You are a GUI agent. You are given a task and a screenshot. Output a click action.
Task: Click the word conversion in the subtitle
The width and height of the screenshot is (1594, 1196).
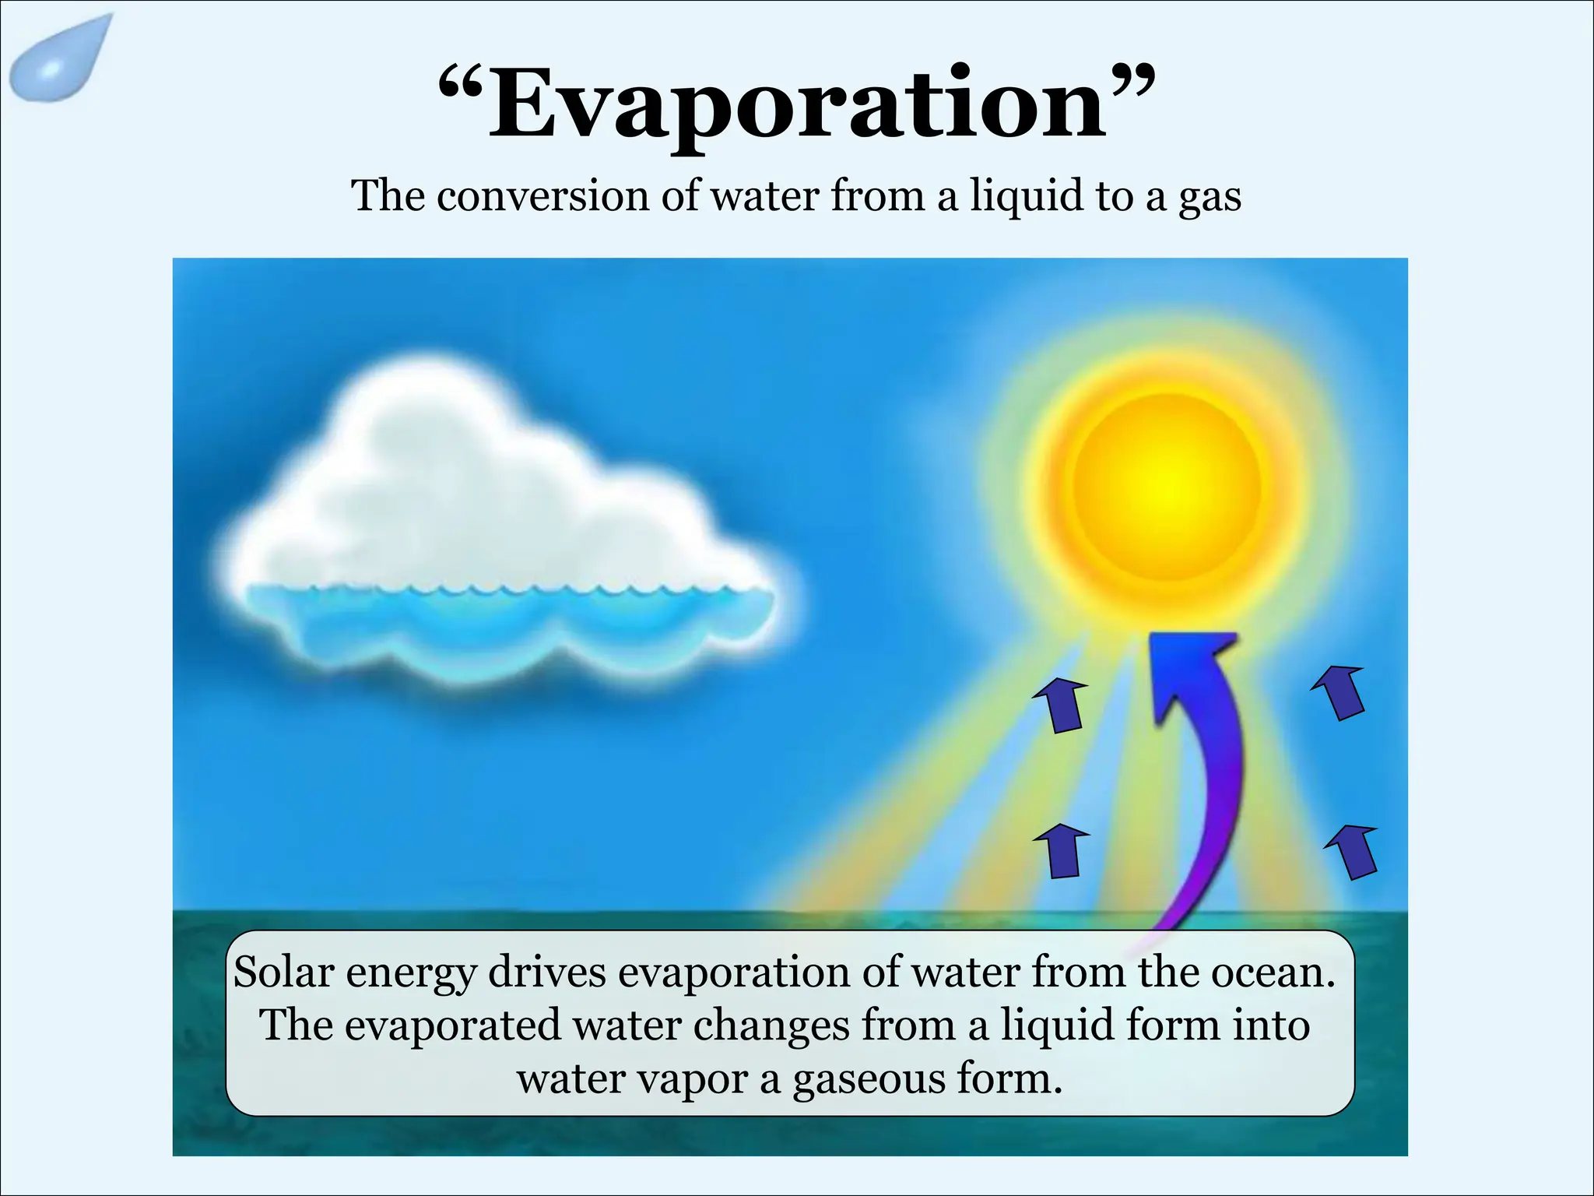[542, 195]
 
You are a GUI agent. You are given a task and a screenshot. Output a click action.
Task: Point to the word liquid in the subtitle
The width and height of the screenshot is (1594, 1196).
[1026, 196]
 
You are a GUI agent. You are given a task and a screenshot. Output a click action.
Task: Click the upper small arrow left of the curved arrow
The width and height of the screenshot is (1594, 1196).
[1061, 704]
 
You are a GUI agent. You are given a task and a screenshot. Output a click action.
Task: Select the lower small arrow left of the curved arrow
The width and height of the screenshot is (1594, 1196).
[1061, 851]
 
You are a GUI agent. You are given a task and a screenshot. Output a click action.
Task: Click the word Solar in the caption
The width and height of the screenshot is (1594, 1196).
[283, 973]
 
